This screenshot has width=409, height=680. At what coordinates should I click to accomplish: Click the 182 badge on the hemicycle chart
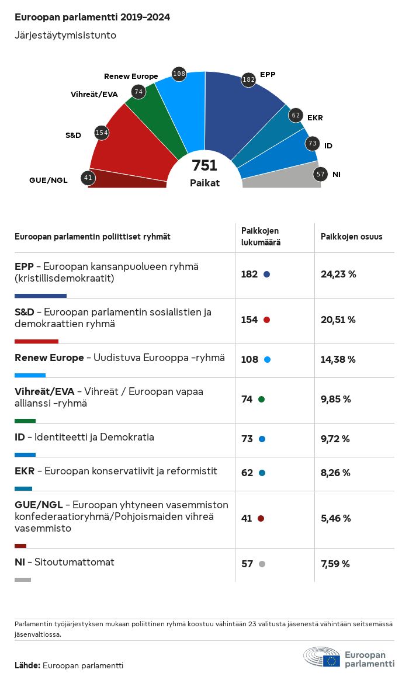249,79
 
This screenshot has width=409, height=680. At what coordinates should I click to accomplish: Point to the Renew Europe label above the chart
131,77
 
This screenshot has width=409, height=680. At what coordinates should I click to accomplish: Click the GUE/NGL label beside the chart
48,180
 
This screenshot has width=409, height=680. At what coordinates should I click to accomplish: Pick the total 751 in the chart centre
204,166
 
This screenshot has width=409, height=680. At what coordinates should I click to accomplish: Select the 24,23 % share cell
338,274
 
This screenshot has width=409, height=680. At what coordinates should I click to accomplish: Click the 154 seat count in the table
249,320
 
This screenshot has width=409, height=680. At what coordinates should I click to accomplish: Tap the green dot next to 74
261,399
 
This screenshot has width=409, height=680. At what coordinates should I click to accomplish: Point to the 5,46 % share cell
336,518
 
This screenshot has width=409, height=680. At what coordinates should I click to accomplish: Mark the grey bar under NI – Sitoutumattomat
23,580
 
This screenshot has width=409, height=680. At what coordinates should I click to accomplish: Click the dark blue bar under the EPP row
40,296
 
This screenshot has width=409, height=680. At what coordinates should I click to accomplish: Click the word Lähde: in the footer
27,665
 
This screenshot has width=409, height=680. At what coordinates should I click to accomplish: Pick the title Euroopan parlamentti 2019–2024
92,18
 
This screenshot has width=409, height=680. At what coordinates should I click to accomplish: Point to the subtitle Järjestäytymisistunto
65,35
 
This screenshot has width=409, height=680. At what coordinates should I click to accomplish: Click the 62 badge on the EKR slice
296,115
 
